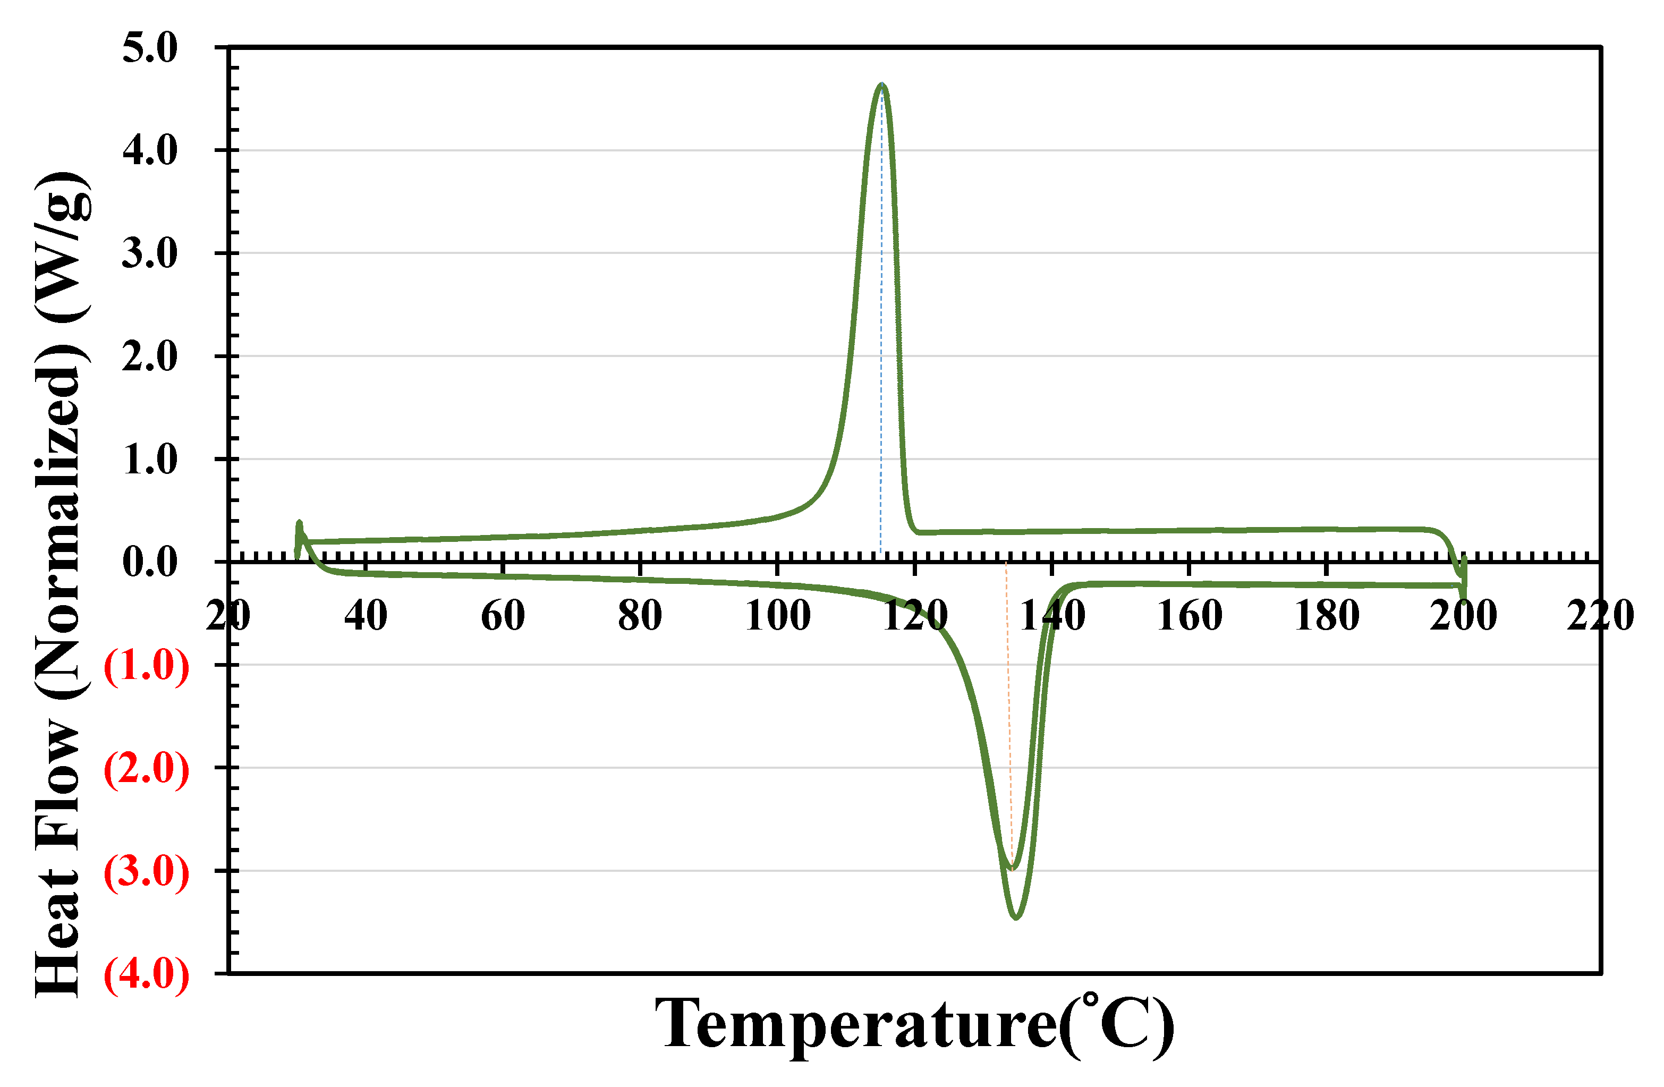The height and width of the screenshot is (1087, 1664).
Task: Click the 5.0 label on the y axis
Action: tap(150, 48)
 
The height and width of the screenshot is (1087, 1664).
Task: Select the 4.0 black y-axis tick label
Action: tap(150, 150)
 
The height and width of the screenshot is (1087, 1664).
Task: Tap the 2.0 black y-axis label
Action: tap(150, 356)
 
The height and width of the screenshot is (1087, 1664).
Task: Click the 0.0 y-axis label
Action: tap(150, 562)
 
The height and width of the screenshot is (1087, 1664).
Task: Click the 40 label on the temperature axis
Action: tap(366, 616)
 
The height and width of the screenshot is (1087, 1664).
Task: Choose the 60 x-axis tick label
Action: tap(503, 616)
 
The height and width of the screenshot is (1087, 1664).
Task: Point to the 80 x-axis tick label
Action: tap(640, 616)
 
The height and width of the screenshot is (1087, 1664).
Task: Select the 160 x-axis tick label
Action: tap(1189, 616)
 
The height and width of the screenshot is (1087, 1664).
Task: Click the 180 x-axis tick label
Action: tap(1326, 616)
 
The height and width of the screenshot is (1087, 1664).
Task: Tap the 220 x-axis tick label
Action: tap(1600, 616)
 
